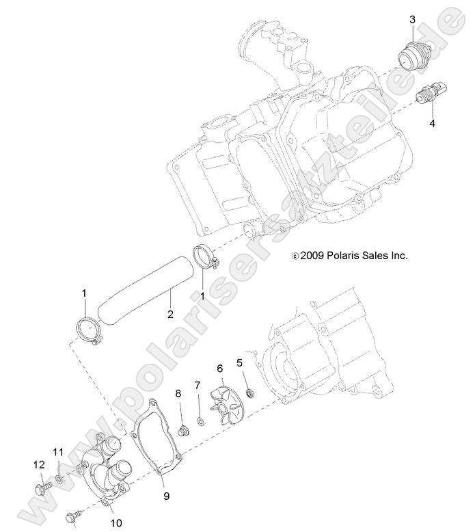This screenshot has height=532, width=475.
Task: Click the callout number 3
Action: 412,19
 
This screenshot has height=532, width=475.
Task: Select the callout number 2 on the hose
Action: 169,315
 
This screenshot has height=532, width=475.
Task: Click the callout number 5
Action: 239,362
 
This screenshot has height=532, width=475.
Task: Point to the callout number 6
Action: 219,368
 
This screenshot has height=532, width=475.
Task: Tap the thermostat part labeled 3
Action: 410,55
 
